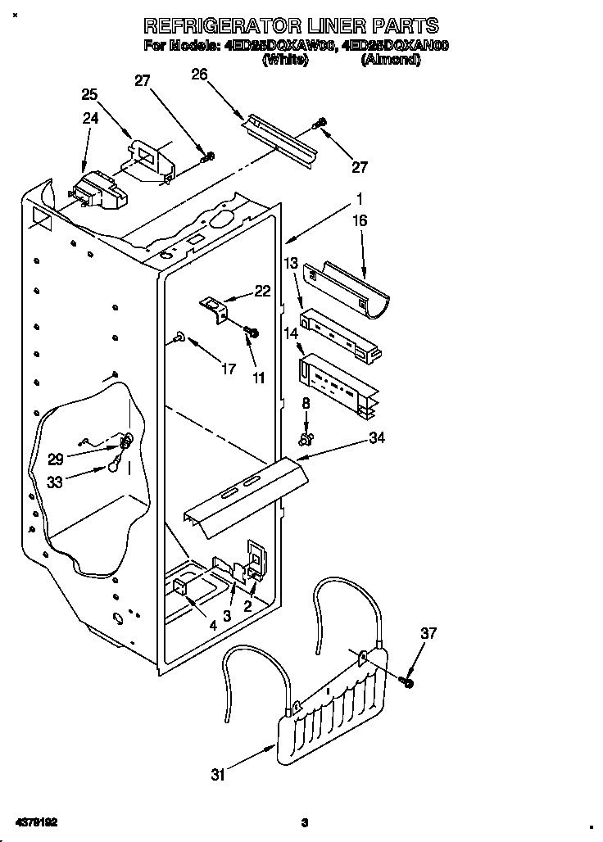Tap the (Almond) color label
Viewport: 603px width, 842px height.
390,60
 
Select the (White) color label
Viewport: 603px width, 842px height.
284,60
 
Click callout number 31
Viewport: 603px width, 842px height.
217,776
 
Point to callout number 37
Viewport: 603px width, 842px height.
428,633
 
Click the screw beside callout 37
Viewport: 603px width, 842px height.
408,681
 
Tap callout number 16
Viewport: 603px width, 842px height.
360,221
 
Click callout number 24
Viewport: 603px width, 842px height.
90,118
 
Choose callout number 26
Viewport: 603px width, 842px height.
199,75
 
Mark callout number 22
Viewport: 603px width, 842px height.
262,291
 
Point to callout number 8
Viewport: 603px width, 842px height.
306,403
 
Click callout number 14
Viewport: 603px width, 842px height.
290,333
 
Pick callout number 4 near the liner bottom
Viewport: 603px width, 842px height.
212,626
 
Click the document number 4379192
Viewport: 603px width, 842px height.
34,822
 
